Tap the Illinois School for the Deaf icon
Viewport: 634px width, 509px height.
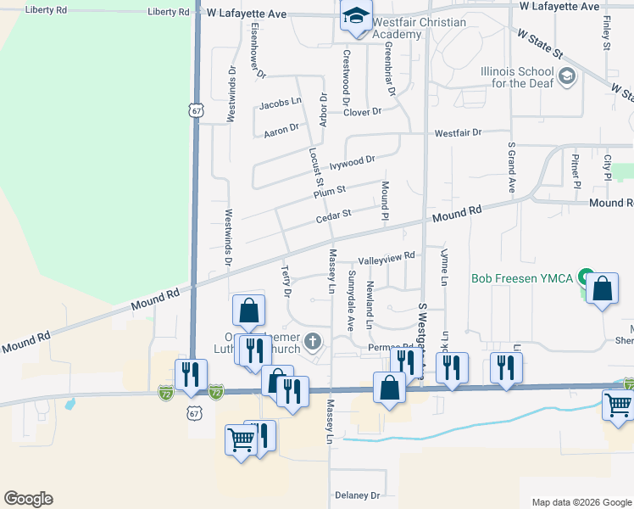point(566,79)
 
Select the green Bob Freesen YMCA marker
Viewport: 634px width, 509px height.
point(584,277)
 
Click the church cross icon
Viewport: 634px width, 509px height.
point(313,342)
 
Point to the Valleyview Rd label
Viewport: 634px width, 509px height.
point(387,256)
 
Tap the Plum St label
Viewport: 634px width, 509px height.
point(330,193)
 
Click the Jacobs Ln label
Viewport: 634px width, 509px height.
point(281,103)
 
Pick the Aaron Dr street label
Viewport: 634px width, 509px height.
point(281,129)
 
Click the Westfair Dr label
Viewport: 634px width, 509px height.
point(458,133)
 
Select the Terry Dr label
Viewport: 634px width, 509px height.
point(286,280)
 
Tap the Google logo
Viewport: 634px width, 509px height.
point(28,499)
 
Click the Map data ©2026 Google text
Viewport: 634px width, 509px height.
point(581,502)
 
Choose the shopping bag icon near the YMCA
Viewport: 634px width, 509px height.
point(602,289)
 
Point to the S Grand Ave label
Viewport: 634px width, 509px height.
point(512,167)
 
